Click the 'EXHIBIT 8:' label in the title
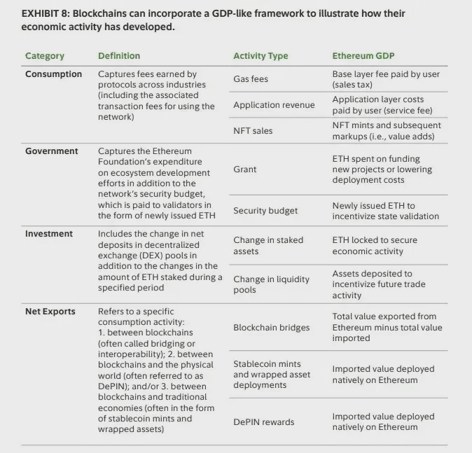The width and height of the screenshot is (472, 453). (x=45, y=13)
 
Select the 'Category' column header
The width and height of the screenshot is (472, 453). (x=44, y=56)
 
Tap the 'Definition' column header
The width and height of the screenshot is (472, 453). (x=119, y=56)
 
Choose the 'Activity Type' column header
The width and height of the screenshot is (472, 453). (x=261, y=56)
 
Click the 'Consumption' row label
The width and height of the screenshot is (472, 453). (x=53, y=74)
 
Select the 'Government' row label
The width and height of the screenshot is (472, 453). (x=52, y=151)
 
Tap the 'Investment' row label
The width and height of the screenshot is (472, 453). (x=49, y=234)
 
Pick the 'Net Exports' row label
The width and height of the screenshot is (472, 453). (x=50, y=312)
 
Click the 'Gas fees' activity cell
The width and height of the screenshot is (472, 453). (x=251, y=79)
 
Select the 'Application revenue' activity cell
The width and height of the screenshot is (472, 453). (x=274, y=105)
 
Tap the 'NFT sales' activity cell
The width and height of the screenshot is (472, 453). (x=253, y=131)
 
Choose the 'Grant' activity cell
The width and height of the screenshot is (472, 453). (x=245, y=169)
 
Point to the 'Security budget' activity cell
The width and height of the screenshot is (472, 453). (x=265, y=211)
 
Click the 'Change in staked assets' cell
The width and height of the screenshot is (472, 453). (x=268, y=245)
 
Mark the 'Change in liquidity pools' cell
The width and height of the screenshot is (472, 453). (x=271, y=284)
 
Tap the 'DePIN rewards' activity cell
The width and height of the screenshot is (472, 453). (x=263, y=422)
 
